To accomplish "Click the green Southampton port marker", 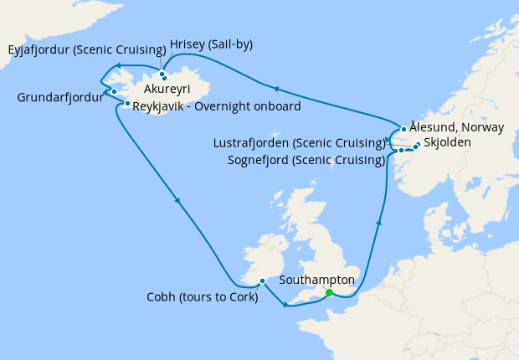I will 329,292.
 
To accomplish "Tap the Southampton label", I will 316,279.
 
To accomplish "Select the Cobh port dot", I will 262,280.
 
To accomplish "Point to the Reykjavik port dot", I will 127,105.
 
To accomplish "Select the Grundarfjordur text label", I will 59,97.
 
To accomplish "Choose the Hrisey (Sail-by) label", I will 211,44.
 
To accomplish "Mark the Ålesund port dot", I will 404,129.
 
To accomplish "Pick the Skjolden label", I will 447,143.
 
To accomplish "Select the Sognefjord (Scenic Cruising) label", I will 307,160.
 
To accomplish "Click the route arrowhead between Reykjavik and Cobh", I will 177,200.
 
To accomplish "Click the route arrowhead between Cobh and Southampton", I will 286,304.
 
